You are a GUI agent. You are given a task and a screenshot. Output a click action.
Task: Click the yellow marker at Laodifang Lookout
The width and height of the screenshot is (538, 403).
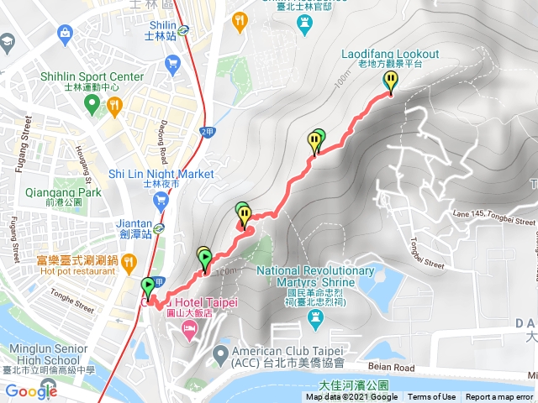[391, 81]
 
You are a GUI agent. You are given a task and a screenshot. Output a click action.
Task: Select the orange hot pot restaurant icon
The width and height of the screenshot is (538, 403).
[128, 259]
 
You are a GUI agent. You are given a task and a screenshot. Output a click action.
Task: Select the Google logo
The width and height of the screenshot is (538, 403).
[31, 391]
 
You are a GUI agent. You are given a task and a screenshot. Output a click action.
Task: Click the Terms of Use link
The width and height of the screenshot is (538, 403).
[432, 397]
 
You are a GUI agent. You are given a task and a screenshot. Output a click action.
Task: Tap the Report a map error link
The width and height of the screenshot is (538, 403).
[500, 397]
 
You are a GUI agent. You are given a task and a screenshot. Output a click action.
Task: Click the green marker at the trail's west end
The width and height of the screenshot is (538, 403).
[148, 285]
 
